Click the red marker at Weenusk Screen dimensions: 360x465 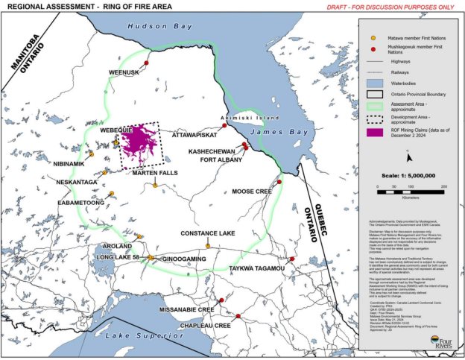pos(147,63)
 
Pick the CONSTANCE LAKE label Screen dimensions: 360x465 pos(208,233)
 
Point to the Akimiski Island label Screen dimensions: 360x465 pos(250,119)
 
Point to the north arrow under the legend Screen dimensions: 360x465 pos(408,156)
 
